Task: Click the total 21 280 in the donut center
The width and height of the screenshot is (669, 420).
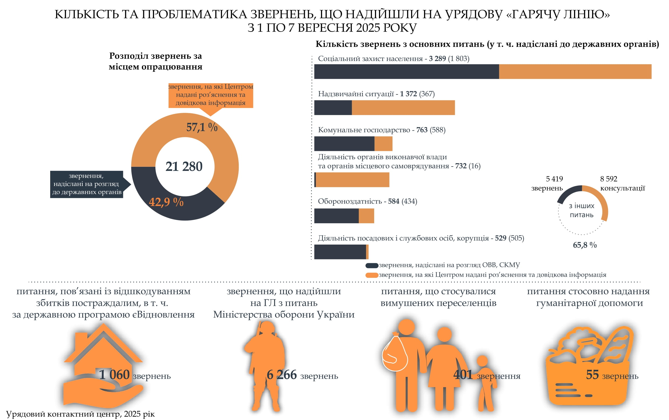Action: click(x=184, y=167)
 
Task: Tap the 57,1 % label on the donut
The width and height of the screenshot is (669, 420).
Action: click(x=202, y=127)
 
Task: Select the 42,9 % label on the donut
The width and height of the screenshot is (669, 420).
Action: click(x=166, y=202)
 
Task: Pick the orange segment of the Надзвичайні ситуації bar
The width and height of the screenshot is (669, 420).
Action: click(x=403, y=107)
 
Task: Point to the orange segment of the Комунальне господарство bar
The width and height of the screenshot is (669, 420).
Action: click(x=383, y=144)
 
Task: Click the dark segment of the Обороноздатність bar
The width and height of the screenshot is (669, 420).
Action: click(x=336, y=216)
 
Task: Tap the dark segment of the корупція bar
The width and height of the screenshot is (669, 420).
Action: click(x=340, y=252)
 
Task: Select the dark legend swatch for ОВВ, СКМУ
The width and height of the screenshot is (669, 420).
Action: click(x=372, y=266)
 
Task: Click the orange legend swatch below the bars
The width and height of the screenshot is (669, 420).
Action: click(x=372, y=275)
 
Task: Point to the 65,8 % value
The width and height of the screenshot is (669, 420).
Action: click(x=585, y=245)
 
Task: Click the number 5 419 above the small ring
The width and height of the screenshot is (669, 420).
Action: click(x=554, y=179)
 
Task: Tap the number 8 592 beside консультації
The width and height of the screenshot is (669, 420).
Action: click(x=609, y=179)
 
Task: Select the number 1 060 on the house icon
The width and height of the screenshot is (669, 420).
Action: click(x=114, y=375)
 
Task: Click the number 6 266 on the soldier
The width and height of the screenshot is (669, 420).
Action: click(x=281, y=375)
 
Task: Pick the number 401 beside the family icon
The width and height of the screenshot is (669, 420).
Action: click(x=463, y=375)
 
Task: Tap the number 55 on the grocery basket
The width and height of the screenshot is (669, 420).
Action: click(x=592, y=375)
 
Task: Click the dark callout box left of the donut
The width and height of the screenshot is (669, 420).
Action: click(x=87, y=184)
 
